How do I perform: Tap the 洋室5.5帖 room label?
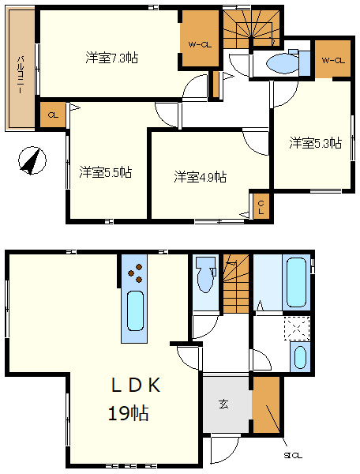click(105, 171)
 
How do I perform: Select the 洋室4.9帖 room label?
click(201, 176)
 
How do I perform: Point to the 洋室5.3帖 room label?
click(315, 143)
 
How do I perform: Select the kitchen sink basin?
click(133, 311)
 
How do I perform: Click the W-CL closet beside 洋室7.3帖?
click(199, 44)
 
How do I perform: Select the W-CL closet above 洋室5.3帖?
click(332, 60)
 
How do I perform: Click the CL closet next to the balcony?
click(53, 115)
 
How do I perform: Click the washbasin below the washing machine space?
click(300, 356)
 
